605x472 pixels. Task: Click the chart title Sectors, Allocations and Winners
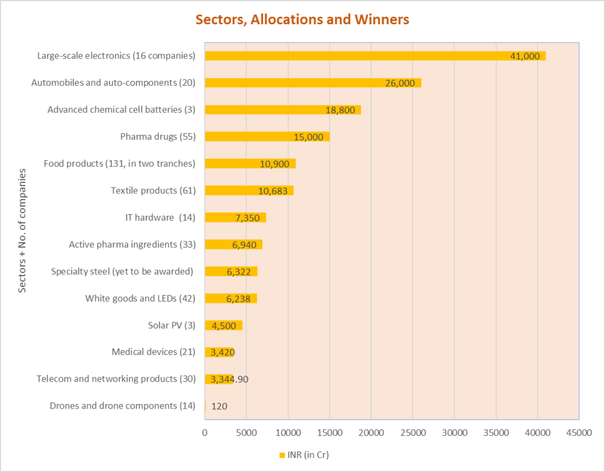click(x=302, y=20)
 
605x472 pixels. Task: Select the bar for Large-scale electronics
click(x=354, y=56)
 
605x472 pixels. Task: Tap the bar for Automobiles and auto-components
click(x=295, y=83)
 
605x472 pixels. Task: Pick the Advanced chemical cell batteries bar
click(x=266, y=109)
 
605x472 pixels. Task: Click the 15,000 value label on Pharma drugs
click(x=308, y=137)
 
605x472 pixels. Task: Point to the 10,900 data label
click(x=275, y=163)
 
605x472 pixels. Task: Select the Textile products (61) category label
click(x=153, y=190)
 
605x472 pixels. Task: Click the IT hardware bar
click(x=225, y=217)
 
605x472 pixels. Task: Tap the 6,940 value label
click(x=242, y=244)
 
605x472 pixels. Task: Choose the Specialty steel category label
click(x=123, y=271)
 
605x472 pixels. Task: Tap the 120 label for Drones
click(x=219, y=406)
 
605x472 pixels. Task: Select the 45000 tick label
click(x=578, y=432)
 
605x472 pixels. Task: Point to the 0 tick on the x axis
click(x=205, y=432)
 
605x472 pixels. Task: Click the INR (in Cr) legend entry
click(x=308, y=454)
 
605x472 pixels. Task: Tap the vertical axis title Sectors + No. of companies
click(x=22, y=231)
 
